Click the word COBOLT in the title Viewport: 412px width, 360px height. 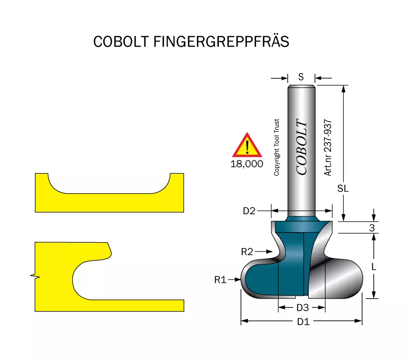121,41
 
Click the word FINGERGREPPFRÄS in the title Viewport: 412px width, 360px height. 221,41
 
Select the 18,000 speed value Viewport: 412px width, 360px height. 247,164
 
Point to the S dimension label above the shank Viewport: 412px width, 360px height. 301,77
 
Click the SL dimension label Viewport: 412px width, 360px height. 343,189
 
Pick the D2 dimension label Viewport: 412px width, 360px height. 249,211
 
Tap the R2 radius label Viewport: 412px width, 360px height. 247,252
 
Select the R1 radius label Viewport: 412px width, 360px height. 220,280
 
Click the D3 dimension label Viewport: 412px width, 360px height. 303,308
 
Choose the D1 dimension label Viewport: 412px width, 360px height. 303,322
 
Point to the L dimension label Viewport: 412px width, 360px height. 374,267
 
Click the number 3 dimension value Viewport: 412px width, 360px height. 372,228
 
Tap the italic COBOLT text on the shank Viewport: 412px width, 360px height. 302,147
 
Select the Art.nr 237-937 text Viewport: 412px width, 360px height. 328,148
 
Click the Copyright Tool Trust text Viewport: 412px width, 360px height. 277,148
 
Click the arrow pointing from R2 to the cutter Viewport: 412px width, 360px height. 263,252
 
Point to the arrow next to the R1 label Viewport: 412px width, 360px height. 234,279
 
